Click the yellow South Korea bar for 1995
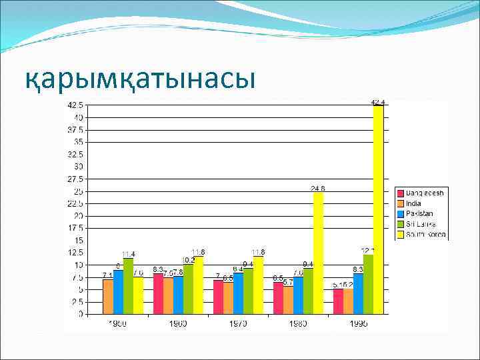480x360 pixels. coord(378,209)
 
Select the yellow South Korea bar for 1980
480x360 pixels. coord(318,253)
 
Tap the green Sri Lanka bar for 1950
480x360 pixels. coord(128,285)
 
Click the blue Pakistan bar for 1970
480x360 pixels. coord(238,293)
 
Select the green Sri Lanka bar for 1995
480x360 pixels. coord(368,283)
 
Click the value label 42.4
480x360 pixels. coord(378,102)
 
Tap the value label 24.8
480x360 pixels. coord(318,189)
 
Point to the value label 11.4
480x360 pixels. coord(128,254)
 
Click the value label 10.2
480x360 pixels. coord(188,260)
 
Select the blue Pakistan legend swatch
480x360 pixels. coord(401,214)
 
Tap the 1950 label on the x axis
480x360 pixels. coord(118,323)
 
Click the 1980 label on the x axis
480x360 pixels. coord(298,323)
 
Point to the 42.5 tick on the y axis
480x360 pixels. coord(75,105)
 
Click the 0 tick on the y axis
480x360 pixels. coord(81,314)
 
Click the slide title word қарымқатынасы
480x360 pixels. coord(140,79)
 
